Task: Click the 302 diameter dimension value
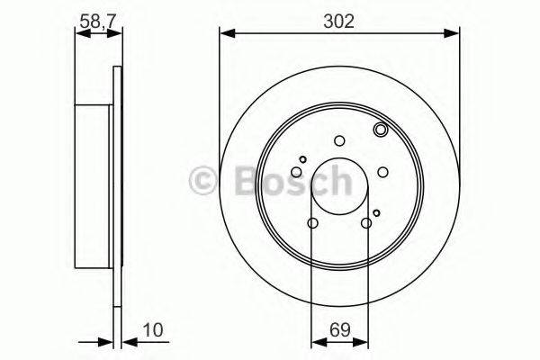(x=339, y=20)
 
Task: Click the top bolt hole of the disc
(x=339, y=139)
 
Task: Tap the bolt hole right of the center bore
(x=382, y=172)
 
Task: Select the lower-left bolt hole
(x=312, y=223)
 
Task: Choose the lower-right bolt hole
(x=365, y=223)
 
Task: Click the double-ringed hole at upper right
(x=380, y=131)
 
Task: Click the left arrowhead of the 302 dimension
(x=226, y=34)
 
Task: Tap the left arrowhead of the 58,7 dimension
(x=79, y=33)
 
